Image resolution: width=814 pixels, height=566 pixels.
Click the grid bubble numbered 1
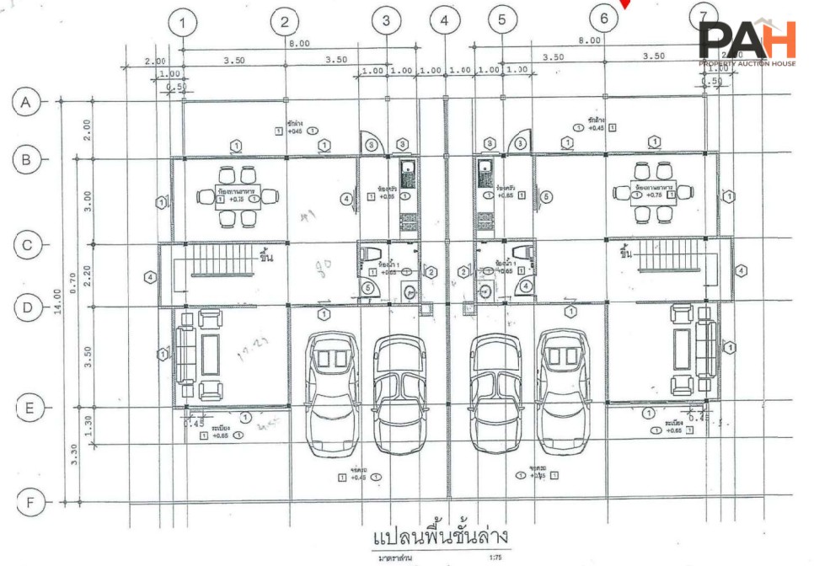[183, 22]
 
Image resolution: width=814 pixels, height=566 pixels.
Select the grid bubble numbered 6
[604, 17]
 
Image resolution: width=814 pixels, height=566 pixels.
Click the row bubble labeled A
[26, 103]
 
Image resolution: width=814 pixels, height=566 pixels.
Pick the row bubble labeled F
[30, 504]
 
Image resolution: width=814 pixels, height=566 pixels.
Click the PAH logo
[747, 42]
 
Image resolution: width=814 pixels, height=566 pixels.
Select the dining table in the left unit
[237, 196]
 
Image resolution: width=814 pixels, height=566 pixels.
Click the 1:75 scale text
[495, 557]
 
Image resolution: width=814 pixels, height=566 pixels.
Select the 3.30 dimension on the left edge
[75, 454]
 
